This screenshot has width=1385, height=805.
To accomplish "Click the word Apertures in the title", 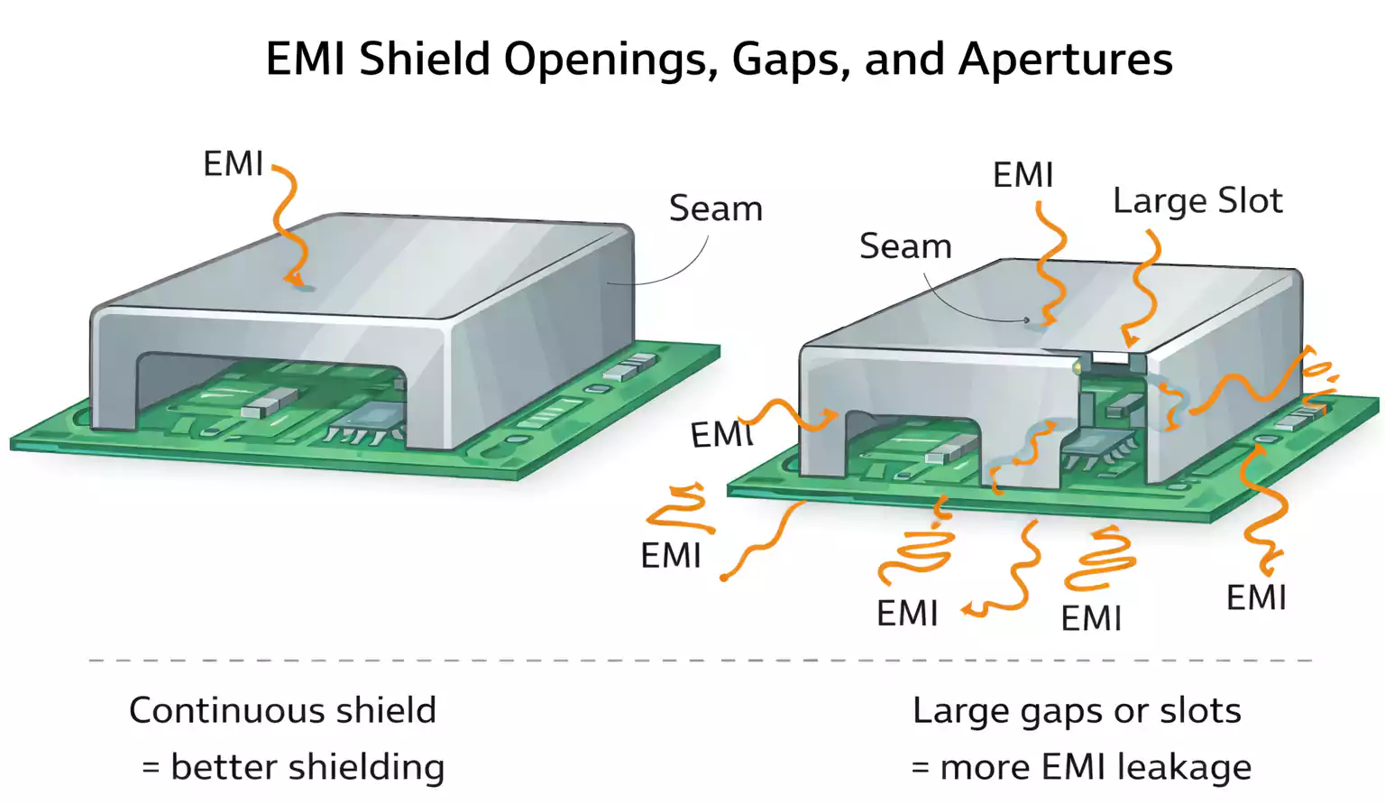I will pos(1065,60).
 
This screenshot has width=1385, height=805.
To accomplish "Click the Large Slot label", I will pos(1197,200).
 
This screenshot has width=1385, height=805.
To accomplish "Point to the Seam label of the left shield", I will pos(715,208).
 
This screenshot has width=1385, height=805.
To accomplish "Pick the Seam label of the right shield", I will pos(905,246).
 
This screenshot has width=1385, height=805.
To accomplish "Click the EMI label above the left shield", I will pos(233,164).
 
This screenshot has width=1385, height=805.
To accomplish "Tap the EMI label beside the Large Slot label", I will pos(1023,175).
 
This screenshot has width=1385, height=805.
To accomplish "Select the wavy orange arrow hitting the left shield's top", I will pos(286,226).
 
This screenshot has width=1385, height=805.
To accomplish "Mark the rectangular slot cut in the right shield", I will pos(1110,357).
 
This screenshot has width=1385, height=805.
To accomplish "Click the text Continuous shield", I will pos(282,710).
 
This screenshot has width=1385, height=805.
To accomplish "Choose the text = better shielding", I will pos(293,767).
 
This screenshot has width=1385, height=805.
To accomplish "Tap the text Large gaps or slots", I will pos(1077,710).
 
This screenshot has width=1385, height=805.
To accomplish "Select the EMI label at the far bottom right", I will pos(1255,597).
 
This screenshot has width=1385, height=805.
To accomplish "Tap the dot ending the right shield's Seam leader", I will pos(1026,319).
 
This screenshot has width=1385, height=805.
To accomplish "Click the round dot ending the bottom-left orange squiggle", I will pos(724,577).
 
